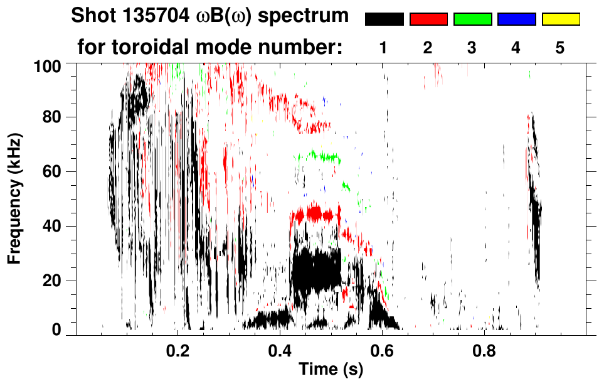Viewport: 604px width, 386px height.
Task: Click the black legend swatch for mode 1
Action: (x=384, y=19)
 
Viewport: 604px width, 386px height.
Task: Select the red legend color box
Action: (x=428, y=19)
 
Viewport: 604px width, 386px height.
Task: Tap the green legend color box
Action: (x=472, y=19)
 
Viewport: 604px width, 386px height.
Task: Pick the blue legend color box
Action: (x=516, y=19)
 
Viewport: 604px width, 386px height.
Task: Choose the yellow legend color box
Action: (x=560, y=19)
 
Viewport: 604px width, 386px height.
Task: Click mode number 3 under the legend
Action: (x=472, y=48)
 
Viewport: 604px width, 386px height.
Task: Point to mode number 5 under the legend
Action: (x=560, y=48)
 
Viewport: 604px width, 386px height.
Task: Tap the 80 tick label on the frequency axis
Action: (x=55, y=117)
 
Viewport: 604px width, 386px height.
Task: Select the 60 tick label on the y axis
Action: (x=55, y=172)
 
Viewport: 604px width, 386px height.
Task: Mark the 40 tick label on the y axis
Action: (x=55, y=226)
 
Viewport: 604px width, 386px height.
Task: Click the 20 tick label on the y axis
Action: (x=55, y=281)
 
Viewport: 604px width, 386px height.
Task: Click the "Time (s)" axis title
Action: (x=330, y=370)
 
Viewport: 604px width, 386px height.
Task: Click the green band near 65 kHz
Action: (x=320, y=156)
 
